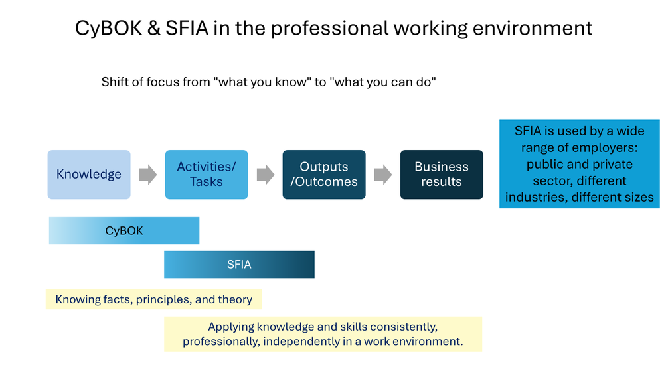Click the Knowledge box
pos(89,175)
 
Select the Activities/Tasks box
pos(207,175)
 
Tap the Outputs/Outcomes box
pos(324,175)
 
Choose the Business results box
pos(442,175)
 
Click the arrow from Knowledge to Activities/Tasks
pos(147,175)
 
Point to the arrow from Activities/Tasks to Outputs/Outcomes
pos(265,175)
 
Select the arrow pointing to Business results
pos(382,175)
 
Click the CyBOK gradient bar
pos(124,231)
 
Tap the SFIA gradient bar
pos(239,264)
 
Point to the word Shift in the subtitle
pos(114,82)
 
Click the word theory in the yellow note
pos(234,299)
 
